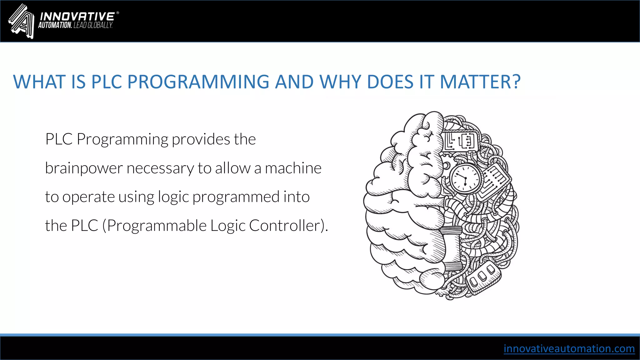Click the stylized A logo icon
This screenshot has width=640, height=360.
click(21, 21)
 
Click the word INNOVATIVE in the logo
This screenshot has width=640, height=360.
click(77, 17)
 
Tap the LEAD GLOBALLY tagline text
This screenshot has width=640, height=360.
click(93, 25)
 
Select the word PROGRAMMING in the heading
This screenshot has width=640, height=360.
click(198, 82)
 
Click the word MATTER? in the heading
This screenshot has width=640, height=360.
click(480, 82)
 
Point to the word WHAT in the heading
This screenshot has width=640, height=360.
click(39, 82)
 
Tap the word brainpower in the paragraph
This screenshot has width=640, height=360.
click(84, 168)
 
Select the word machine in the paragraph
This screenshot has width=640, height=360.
click(293, 168)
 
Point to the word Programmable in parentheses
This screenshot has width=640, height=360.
click(157, 226)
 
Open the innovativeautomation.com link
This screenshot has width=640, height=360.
click(569, 348)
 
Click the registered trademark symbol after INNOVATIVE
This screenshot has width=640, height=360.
click(117, 13)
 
